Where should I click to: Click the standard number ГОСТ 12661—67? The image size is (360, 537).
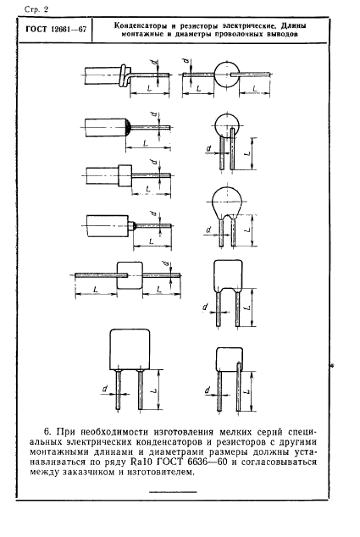[56, 30]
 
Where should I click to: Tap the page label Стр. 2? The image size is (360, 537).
[36, 9]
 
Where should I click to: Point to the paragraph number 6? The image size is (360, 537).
[48, 431]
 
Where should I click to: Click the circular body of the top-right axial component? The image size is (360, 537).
[225, 75]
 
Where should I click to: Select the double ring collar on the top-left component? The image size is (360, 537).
[125, 75]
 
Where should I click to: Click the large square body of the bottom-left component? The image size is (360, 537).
[130, 349]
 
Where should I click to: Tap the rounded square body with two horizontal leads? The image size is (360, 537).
[130, 275]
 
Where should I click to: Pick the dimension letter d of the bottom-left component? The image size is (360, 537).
[105, 389]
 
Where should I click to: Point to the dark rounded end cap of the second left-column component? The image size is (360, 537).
[129, 127]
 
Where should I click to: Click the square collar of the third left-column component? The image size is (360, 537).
[125, 176]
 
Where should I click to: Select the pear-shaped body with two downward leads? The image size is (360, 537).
[226, 204]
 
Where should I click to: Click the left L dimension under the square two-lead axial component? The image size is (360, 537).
[96, 294]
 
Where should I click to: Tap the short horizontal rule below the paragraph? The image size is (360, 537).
[174, 492]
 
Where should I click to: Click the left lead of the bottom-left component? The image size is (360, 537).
[118, 390]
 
